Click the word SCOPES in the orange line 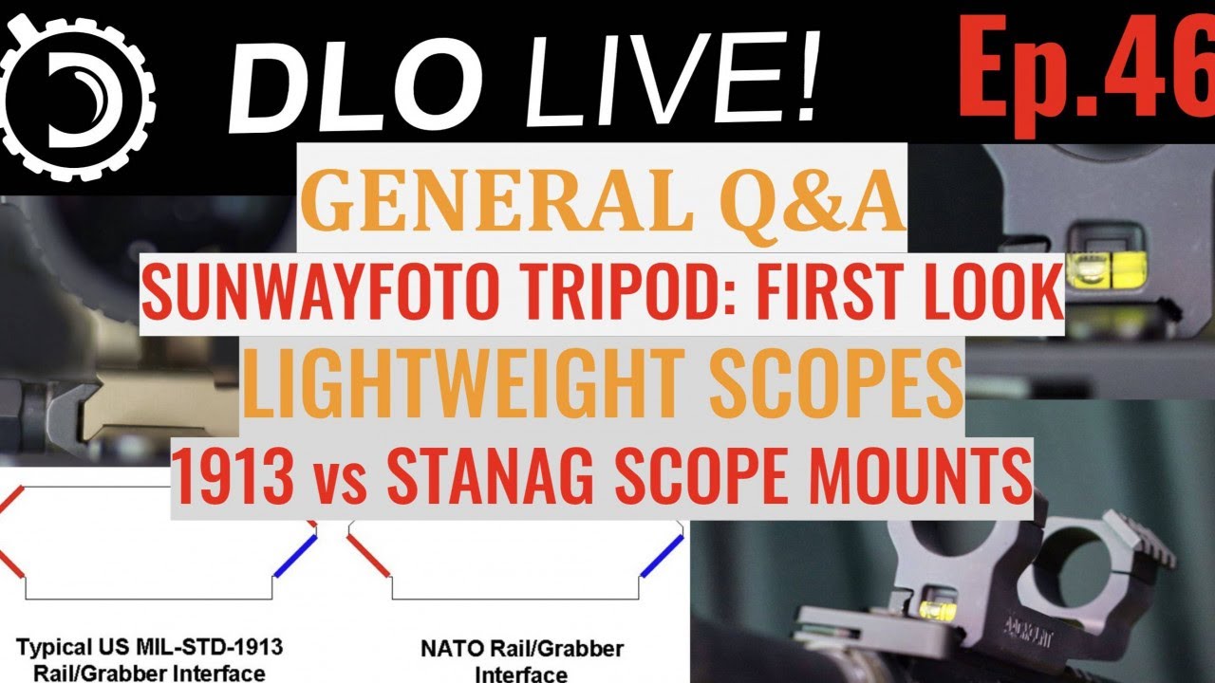tap(836, 383)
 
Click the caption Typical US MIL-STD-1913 tap(150, 647)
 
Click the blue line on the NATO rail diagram tap(662, 557)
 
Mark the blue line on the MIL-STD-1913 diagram tap(295, 557)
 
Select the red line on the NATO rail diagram tap(368, 556)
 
